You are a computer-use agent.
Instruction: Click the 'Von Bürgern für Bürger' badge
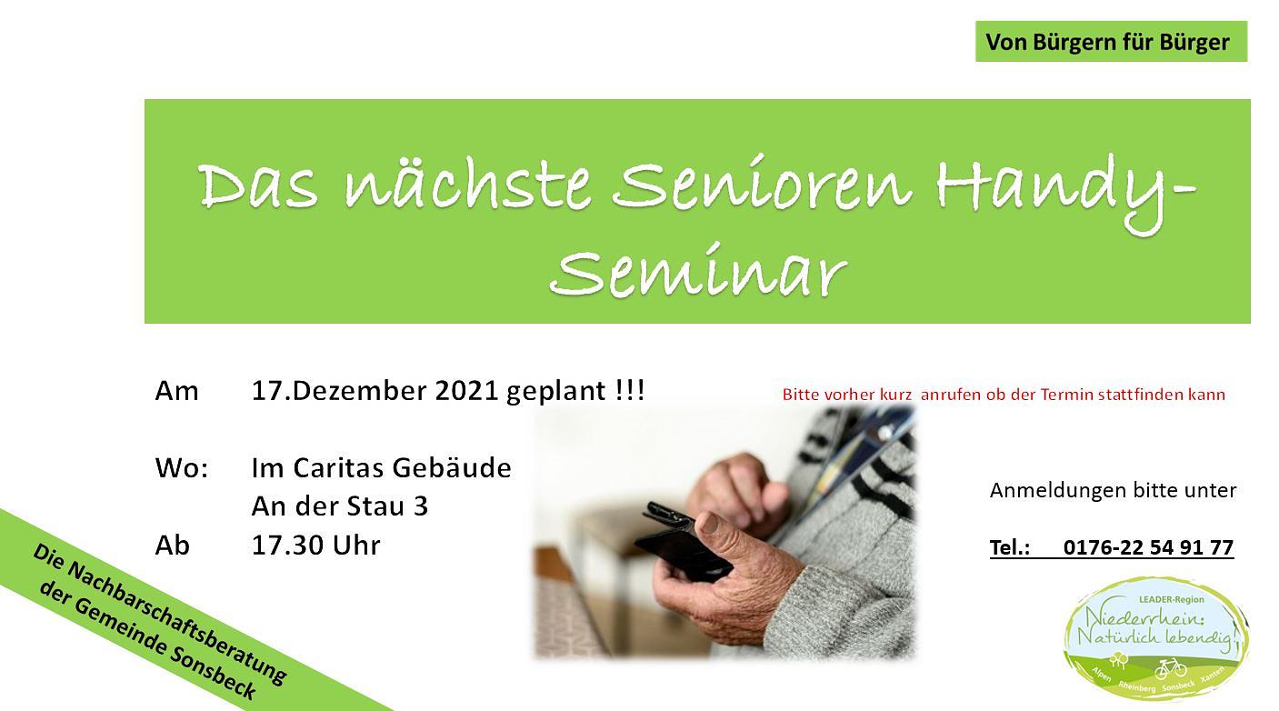1111,41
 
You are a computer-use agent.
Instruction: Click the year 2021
466,391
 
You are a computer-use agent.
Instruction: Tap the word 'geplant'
556,393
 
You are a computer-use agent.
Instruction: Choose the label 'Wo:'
182,468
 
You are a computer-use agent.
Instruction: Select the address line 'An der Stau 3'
340,506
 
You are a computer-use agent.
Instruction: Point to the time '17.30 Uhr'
315,546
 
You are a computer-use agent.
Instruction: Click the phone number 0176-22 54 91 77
1148,547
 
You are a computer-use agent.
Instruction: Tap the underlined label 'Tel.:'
1010,547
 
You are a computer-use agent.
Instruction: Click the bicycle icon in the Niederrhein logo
1171,668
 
